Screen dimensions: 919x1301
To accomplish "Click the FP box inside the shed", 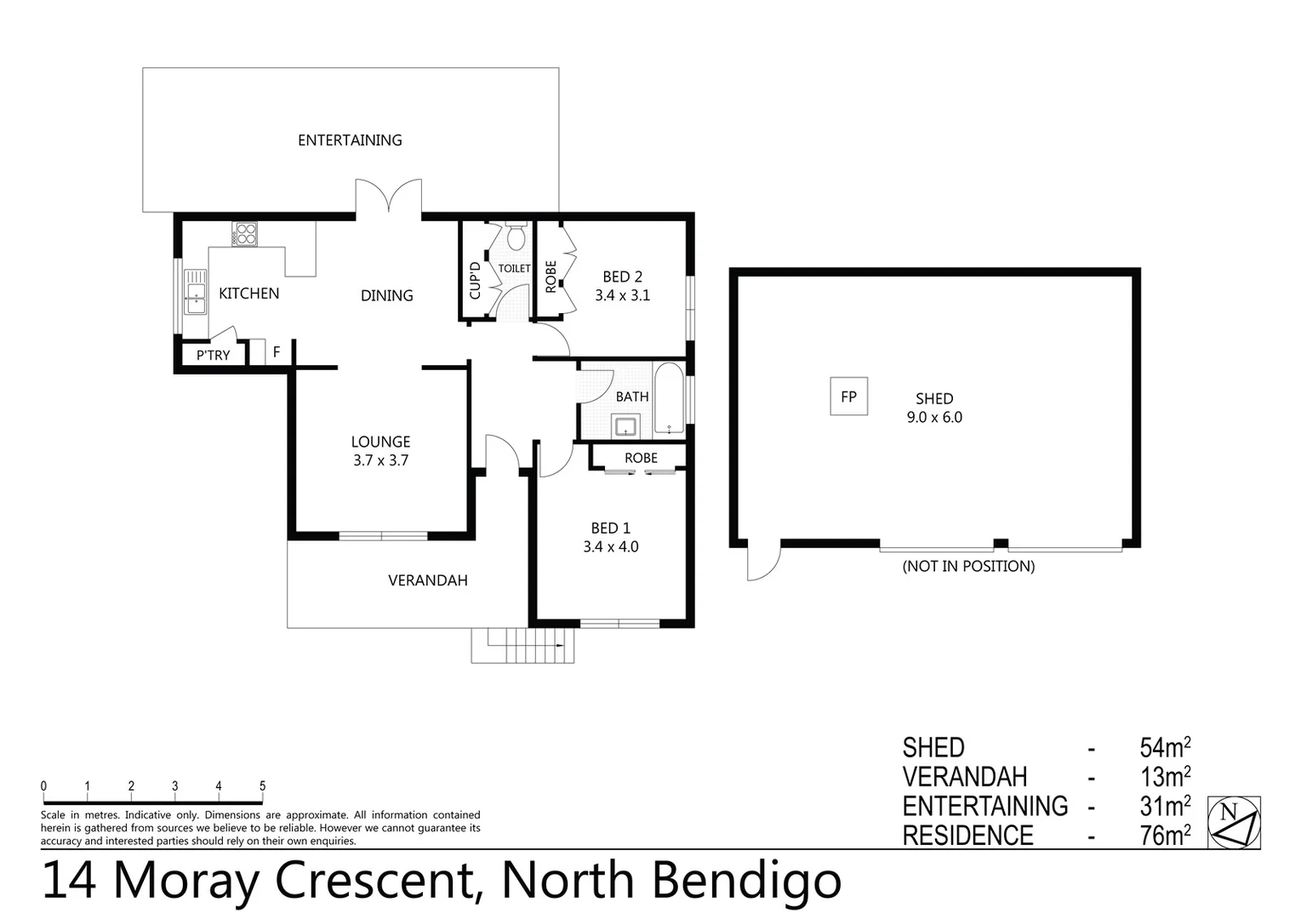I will click(x=848, y=397).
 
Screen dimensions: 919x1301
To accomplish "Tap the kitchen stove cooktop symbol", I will click(x=244, y=233).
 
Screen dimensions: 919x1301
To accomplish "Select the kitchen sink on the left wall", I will click(x=196, y=291).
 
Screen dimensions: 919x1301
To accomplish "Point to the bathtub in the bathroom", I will click(x=669, y=400).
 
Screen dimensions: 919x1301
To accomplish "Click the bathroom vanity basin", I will click(x=627, y=425).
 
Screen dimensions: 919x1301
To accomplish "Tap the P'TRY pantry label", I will click(x=213, y=355).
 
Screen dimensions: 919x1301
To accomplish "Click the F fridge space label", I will click(x=277, y=351).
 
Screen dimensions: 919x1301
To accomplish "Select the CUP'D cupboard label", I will click(x=475, y=279).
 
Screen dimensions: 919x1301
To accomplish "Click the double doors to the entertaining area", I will click(x=388, y=196).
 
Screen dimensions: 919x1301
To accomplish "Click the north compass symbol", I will click(x=1234, y=822).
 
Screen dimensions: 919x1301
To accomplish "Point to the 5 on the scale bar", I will click(x=262, y=786).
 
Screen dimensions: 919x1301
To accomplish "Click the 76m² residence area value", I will click(x=1164, y=836).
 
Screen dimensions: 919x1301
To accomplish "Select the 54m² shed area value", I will click(x=1164, y=748).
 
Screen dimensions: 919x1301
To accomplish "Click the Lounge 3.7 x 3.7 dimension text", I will click(x=380, y=460).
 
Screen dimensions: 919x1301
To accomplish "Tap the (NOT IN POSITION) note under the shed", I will click(x=968, y=566).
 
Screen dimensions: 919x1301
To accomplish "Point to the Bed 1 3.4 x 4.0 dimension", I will click(x=610, y=546).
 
